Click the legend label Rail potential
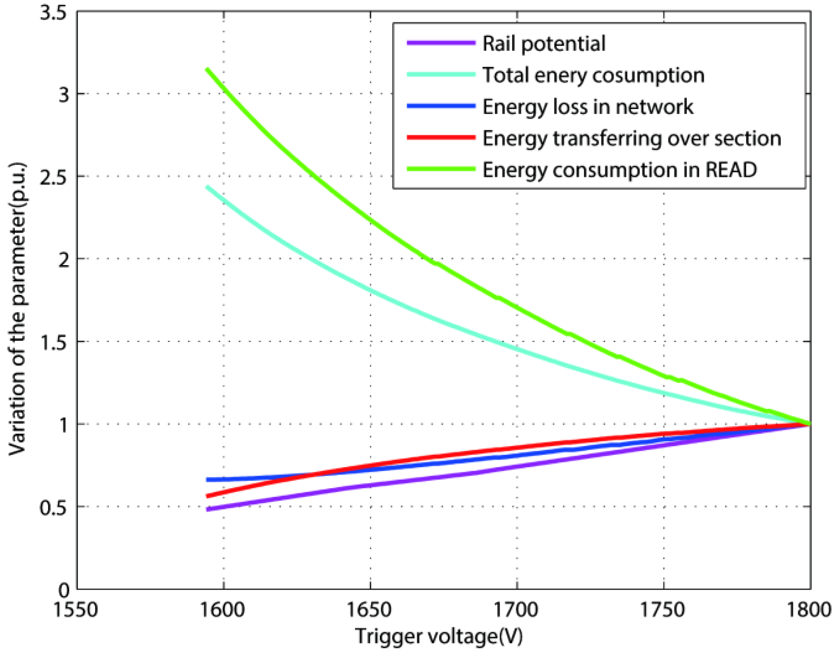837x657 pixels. click(x=543, y=44)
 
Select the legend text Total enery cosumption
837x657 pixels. click(x=593, y=75)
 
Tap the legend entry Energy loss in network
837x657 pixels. click(x=588, y=107)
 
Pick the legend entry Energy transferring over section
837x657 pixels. click(x=631, y=139)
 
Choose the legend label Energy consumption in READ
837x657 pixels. click(x=619, y=170)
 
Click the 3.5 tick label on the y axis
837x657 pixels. click(x=53, y=13)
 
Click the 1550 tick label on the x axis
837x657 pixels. click(x=76, y=610)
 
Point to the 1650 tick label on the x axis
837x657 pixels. click(x=369, y=610)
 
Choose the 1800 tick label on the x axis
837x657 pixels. click(x=809, y=610)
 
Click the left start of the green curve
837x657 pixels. click(x=207, y=69)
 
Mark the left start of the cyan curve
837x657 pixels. click(x=207, y=187)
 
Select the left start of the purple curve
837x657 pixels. click(x=208, y=510)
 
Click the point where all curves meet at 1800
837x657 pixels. click(x=809, y=424)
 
